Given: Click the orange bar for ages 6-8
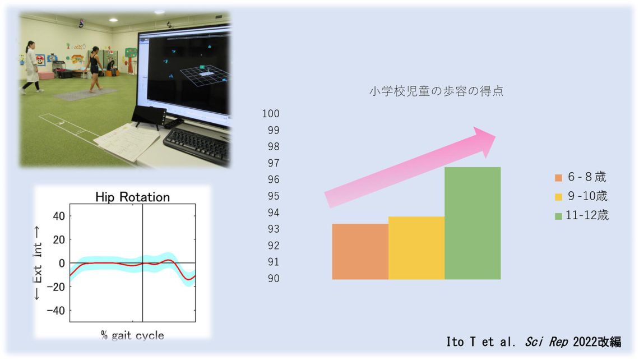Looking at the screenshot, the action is click(360, 252).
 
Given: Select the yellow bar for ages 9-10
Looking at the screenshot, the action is click(416, 248).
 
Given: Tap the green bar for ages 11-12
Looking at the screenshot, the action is click(473, 223).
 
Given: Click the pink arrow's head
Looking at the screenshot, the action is click(484, 141).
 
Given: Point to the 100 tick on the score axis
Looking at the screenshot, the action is click(271, 114).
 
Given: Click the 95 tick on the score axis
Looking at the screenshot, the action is click(274, 196).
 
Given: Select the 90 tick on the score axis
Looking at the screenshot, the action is click(274, 279).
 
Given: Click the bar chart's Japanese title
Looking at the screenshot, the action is click(437, 91).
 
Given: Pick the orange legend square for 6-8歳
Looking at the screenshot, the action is click(558, 178).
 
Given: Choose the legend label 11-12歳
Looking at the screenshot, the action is click(587, 215).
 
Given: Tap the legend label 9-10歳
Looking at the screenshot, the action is click(587, 196).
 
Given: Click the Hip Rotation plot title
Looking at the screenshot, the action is click(132, 197).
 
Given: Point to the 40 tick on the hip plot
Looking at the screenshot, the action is click(59, 216).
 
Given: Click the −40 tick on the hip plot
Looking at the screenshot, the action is click(56, 310).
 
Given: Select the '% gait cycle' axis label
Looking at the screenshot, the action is click(132, 335).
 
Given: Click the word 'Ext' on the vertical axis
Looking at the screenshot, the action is click(38, 274).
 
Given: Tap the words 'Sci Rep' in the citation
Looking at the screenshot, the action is click(547, 341).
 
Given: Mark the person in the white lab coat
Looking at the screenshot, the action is click(31, 67).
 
